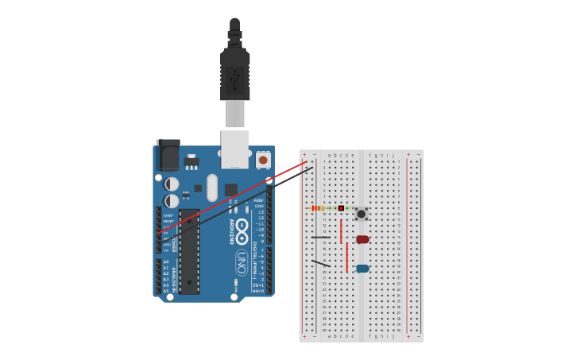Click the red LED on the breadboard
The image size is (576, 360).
362,239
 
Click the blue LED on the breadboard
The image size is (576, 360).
362,269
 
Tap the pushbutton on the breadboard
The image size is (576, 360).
361,213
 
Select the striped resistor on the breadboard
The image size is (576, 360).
319,208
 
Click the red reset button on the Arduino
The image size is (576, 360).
263,160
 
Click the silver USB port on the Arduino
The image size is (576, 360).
235,150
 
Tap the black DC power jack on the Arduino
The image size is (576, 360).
168,153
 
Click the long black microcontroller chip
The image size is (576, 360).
189,251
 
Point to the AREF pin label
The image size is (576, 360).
259,200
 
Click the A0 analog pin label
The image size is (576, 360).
165,261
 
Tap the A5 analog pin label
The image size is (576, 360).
165,290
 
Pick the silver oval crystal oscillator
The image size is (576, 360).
212,188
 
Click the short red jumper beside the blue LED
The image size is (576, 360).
347,257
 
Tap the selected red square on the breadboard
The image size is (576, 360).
341,208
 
